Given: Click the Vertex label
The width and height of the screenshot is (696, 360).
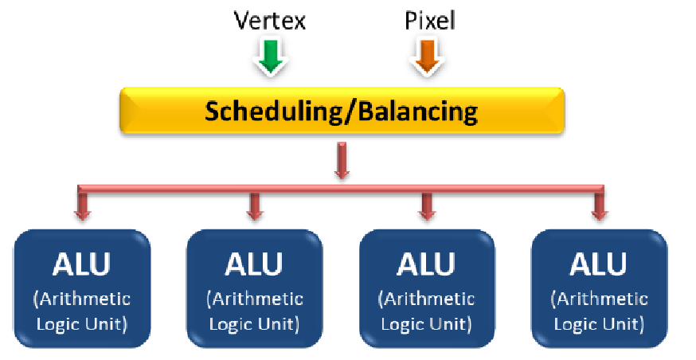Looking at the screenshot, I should coord(269,20).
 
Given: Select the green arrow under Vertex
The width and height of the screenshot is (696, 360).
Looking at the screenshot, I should coord(270,57).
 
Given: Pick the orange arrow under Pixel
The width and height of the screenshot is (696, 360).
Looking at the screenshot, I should coord(426,57).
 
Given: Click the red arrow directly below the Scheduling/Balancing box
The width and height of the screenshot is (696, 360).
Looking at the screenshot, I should coord(342,160).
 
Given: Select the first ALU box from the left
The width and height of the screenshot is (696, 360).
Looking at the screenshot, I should coord(81,288).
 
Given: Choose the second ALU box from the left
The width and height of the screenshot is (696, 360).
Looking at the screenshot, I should coord(254,288).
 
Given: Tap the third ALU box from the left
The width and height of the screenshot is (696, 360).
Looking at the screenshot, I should coord(427,288).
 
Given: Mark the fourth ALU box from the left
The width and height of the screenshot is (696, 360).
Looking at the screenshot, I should coord(599,288).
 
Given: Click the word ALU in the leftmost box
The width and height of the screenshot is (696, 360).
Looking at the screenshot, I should coord(81,264).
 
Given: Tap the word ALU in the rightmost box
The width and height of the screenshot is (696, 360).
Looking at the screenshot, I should coord(599,264).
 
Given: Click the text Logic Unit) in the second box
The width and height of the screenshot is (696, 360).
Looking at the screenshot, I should coord(254,324).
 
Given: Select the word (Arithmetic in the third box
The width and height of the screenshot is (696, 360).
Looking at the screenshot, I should coord(427,299).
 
